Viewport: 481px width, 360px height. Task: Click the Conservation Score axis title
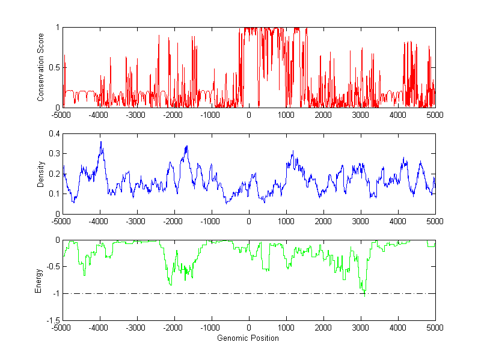point(40,67)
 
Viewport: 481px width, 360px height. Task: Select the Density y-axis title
point(40,174)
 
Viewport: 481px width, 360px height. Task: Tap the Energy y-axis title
point(38,280)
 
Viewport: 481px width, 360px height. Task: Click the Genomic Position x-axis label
point(248,338)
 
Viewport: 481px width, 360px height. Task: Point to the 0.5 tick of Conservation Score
point(54,67)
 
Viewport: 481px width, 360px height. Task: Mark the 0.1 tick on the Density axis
point(54,194)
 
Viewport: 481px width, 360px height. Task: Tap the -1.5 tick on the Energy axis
point(52,320)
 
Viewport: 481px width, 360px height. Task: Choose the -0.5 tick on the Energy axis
point(52,267)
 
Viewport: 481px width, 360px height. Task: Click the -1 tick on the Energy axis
point(55,293)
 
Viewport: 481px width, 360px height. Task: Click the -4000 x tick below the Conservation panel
point(99,115)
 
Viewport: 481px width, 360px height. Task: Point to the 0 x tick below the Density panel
point(248,221)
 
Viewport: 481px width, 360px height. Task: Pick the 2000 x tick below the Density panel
point(323,221)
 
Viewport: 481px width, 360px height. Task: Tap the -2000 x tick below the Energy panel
point(174,328)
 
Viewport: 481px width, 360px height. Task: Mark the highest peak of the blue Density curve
point(101,142)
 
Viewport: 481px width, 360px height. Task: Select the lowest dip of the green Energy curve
point(364,296)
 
